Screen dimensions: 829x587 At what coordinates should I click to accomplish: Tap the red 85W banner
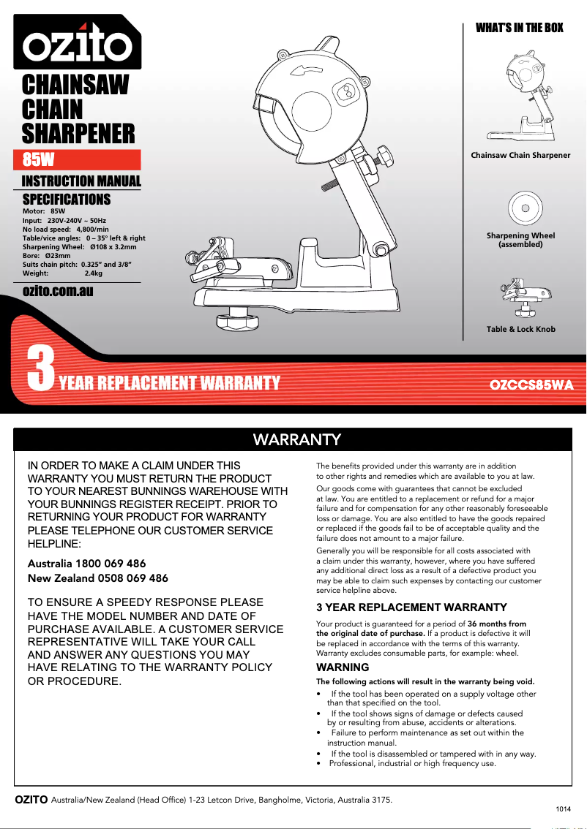click(78, 160)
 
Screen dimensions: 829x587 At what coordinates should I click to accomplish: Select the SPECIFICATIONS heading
click(67, 200)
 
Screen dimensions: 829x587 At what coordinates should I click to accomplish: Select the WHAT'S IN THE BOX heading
click(520, 28)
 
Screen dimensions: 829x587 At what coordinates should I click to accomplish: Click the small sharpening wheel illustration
click(525, 208)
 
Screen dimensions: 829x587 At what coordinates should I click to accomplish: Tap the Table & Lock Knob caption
click(520, 330)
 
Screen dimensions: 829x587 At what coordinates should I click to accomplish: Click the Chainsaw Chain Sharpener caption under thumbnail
click(520, 155)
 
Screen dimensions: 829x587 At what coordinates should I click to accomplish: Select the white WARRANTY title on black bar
click(296, 439)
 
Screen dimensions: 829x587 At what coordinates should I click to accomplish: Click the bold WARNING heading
click(343, 667)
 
